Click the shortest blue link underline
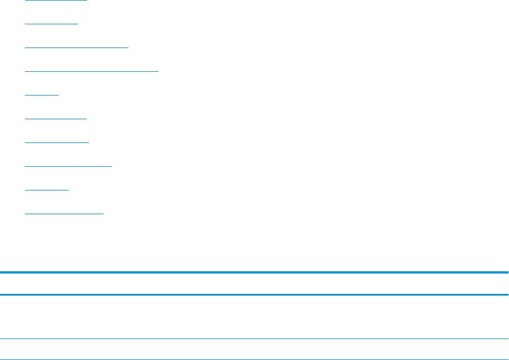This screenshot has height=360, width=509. coord(42,95)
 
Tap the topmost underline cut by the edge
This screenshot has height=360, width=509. coord(56,1)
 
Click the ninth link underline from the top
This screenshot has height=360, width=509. coord(47,190)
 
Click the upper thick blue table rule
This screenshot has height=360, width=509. coord(255,273)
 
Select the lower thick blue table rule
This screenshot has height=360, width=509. coord(255,294)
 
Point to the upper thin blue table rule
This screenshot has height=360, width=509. coord(255,339)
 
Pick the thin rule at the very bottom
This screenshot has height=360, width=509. coord(255,359)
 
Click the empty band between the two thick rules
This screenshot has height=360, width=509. coord(255,284)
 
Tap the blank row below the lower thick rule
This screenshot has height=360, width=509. coord(255,316)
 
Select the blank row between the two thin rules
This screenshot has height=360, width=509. coord(255,349)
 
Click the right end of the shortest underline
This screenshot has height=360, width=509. coord(58,95)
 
